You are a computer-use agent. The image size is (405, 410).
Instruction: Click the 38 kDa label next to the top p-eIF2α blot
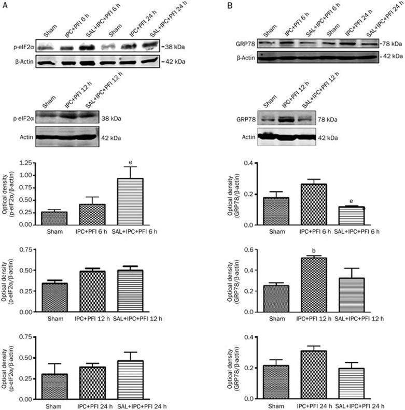tap(174, 47)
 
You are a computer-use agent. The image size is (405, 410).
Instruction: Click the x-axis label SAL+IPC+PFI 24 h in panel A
tap(142, 405)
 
